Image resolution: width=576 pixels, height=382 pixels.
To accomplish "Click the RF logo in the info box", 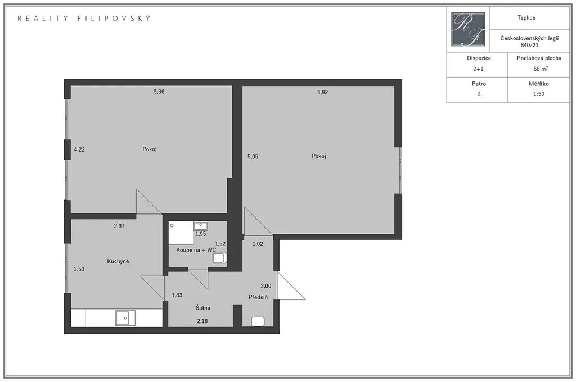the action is [x=468, y=29].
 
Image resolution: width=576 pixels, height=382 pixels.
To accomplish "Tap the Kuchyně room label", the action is [x=118, y=261].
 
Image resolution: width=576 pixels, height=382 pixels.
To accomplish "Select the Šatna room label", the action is [x=202, y=307].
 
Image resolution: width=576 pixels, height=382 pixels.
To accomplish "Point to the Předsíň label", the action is [x=258, y=297].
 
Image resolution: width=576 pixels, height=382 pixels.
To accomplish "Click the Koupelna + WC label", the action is [x=196, y=250].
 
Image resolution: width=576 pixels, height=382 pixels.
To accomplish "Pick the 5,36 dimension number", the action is [x=159, y=92].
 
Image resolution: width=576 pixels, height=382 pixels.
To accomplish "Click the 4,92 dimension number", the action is [x=322, y=93].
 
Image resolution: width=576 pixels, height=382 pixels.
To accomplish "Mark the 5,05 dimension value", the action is [x=253, y=157].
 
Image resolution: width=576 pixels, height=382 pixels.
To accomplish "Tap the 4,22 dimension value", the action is [x=79, y=149].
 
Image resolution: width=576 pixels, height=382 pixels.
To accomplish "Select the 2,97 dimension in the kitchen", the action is [x=119, y=226].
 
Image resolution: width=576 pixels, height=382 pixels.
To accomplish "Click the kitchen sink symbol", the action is [x=125, y=318].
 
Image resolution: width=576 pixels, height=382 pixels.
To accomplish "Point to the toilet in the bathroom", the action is [x=219, y=258].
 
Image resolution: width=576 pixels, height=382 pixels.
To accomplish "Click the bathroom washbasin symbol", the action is [x=201, y=225].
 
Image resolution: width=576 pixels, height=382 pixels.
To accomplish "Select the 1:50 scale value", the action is [x=539, y=94].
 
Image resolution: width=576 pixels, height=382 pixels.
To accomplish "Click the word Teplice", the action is [x=526, y=17].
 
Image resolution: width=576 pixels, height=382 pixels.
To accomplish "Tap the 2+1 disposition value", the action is [x=478, y=69].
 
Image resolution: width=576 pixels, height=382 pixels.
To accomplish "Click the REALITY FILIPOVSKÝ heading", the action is [x=84, y=19].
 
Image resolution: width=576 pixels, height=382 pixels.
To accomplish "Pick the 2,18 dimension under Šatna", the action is [x=202, y=321].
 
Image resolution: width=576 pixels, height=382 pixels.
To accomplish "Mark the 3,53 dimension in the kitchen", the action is [x=79, y=269].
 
